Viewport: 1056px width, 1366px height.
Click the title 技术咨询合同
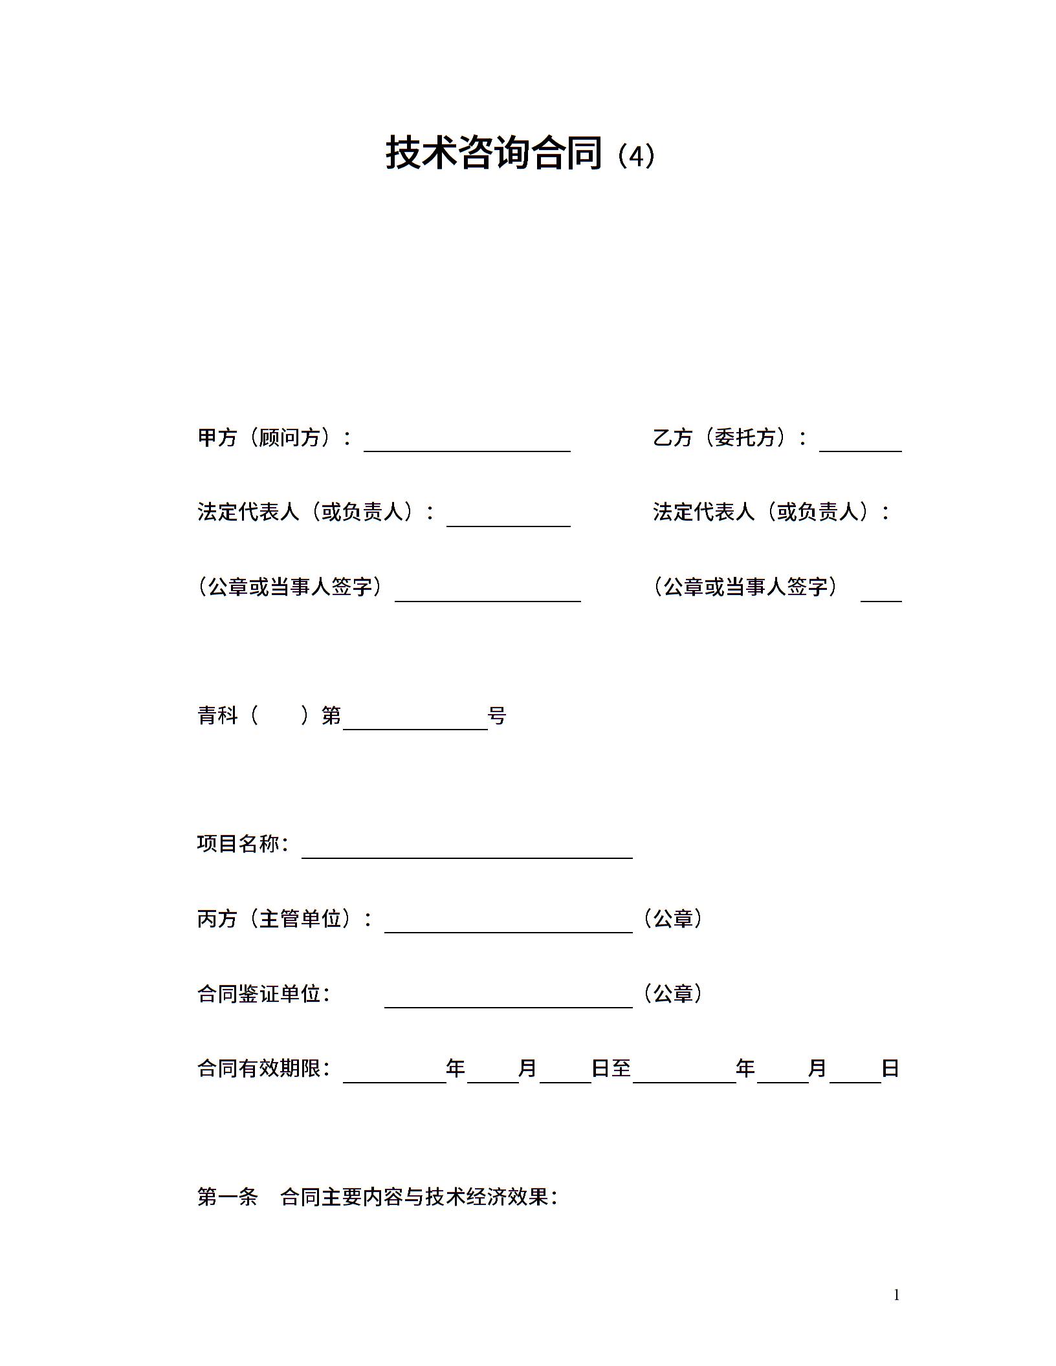click(494, 153)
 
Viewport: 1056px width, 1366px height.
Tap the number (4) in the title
click(636, 156)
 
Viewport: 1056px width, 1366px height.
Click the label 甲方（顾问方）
click(274, 438)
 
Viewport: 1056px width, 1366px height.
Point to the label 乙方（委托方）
click(730, 438)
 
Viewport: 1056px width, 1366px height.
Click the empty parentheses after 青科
click(280, 715)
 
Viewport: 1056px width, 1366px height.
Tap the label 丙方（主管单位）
click(285, 918)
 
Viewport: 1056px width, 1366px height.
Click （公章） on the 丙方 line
click(673, 918)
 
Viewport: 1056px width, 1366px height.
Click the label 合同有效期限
click(264, 1068)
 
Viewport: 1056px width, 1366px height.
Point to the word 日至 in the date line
click(611, 1068)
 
